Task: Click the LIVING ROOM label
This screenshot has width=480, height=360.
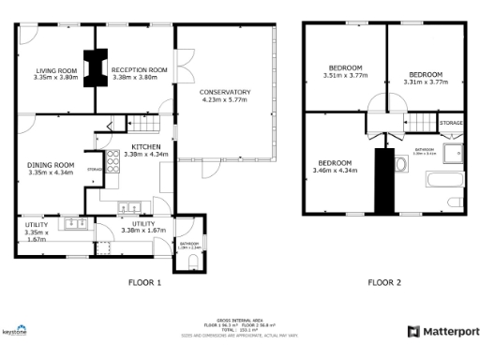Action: click(x=56, y=70)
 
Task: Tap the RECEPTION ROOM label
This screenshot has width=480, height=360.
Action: click(x=139, y=69)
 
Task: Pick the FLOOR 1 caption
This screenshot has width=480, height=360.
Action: click(x=145, y=282)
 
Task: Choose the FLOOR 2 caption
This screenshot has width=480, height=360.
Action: click(x=383, y=282)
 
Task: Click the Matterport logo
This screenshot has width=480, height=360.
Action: click(x=443, y=331)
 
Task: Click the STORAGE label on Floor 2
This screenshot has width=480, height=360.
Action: click(x=452, y=123)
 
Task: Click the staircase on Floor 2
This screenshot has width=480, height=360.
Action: click(x=425, y=123)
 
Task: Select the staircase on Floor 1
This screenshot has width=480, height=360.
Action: click(x=142, y=124)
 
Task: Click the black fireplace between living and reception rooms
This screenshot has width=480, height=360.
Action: click(x=94, y=67)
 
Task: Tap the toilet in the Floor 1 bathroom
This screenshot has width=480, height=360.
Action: click(x=192, y=260)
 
